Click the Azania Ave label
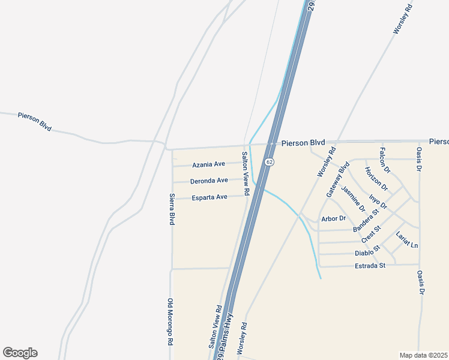click(208, 164)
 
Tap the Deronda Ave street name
click(209, 181)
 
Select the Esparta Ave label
click(209, 197)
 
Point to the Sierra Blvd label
click(172, 209)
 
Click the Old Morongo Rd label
click(170, 321)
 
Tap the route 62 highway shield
click(270, 162)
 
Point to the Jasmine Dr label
click(353, 199)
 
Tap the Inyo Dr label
click(378, 200)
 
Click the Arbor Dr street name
click(334, 218)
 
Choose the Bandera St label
click(366, 220)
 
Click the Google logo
click(20, 353)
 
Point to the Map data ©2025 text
click(424, 355)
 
